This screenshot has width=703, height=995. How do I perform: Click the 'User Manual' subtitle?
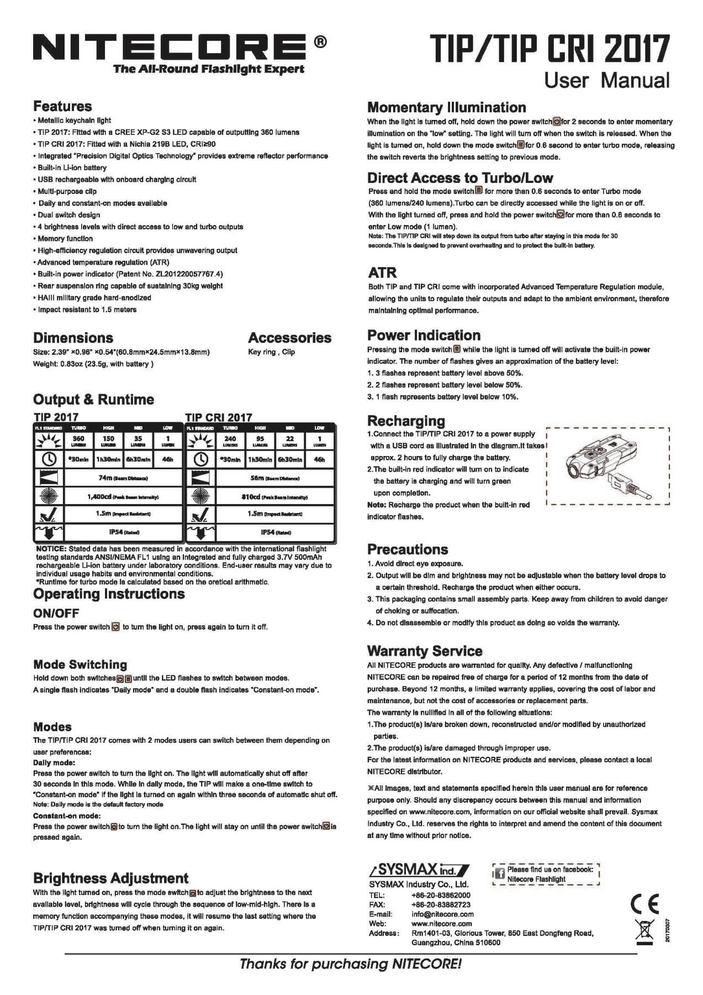coord(606,80)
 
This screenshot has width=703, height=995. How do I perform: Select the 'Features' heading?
coord(62,106)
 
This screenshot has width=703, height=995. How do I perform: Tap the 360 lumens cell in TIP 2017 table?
coord(78,441)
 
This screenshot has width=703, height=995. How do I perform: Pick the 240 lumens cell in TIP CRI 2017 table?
coord(230,441)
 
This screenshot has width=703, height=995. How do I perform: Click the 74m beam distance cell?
coord(123,478)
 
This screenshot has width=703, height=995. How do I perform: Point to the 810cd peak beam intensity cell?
coord(274,496)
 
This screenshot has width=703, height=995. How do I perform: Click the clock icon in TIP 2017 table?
coord(49,459)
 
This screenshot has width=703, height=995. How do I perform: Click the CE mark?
coord(644,904)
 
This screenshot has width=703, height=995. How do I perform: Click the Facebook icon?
coord(499,874)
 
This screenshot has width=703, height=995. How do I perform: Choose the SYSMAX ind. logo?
coord(419,870)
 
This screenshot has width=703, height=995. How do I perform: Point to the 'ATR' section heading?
coord(382,273)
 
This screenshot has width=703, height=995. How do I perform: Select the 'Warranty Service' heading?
coord(425,651)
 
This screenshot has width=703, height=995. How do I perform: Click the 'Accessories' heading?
coord(289,338)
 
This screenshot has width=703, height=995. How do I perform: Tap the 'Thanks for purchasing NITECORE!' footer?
coord(351,964)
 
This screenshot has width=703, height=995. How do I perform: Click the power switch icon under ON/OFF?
coord(115,627)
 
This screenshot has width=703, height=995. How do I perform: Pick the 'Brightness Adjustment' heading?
coord(110,878)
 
